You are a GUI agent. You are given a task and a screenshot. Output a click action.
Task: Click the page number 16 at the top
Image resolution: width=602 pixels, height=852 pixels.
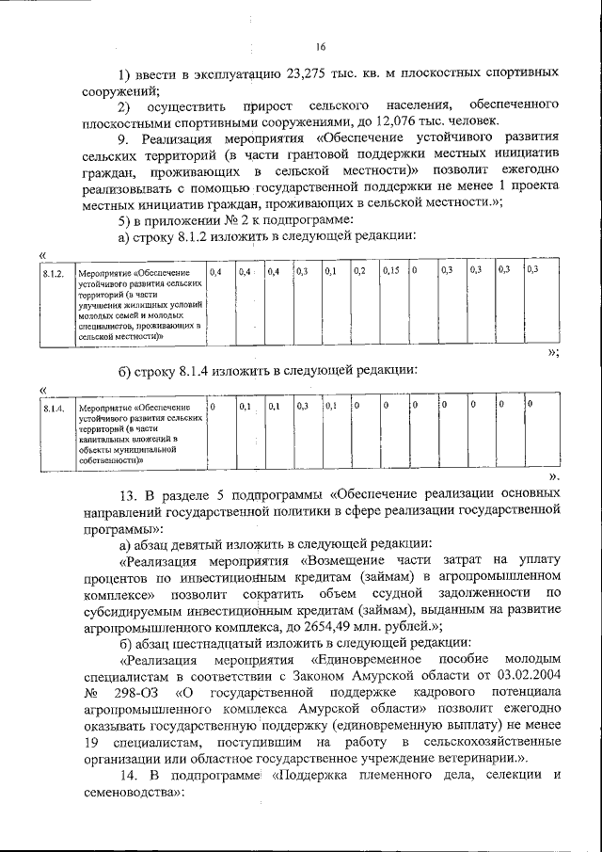click(320, 47)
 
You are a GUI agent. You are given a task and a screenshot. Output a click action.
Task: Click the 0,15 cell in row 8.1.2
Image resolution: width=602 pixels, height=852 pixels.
click(391, 271)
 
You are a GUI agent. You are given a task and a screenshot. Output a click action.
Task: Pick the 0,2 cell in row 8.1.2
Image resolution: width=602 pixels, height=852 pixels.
click(359, 271)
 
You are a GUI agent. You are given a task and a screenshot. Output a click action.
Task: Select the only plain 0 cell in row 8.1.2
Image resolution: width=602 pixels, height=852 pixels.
click(415, 271)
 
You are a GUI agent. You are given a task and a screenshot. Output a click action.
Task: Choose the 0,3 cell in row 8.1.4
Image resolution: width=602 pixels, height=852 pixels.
click(302, 407)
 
